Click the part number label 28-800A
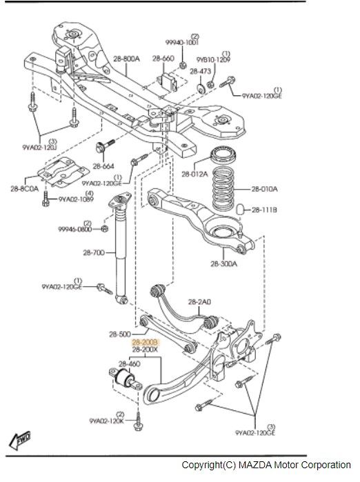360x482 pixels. (126, 60)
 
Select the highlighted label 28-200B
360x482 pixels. (146, 341)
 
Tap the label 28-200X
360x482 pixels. (146, 350)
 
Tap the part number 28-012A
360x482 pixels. (194, 174)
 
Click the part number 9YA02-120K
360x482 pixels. (107, 420)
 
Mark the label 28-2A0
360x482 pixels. (199, 301)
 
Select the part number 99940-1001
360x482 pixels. (181, 41)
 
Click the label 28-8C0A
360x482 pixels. (24, 187)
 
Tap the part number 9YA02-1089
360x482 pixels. (75, 199)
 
